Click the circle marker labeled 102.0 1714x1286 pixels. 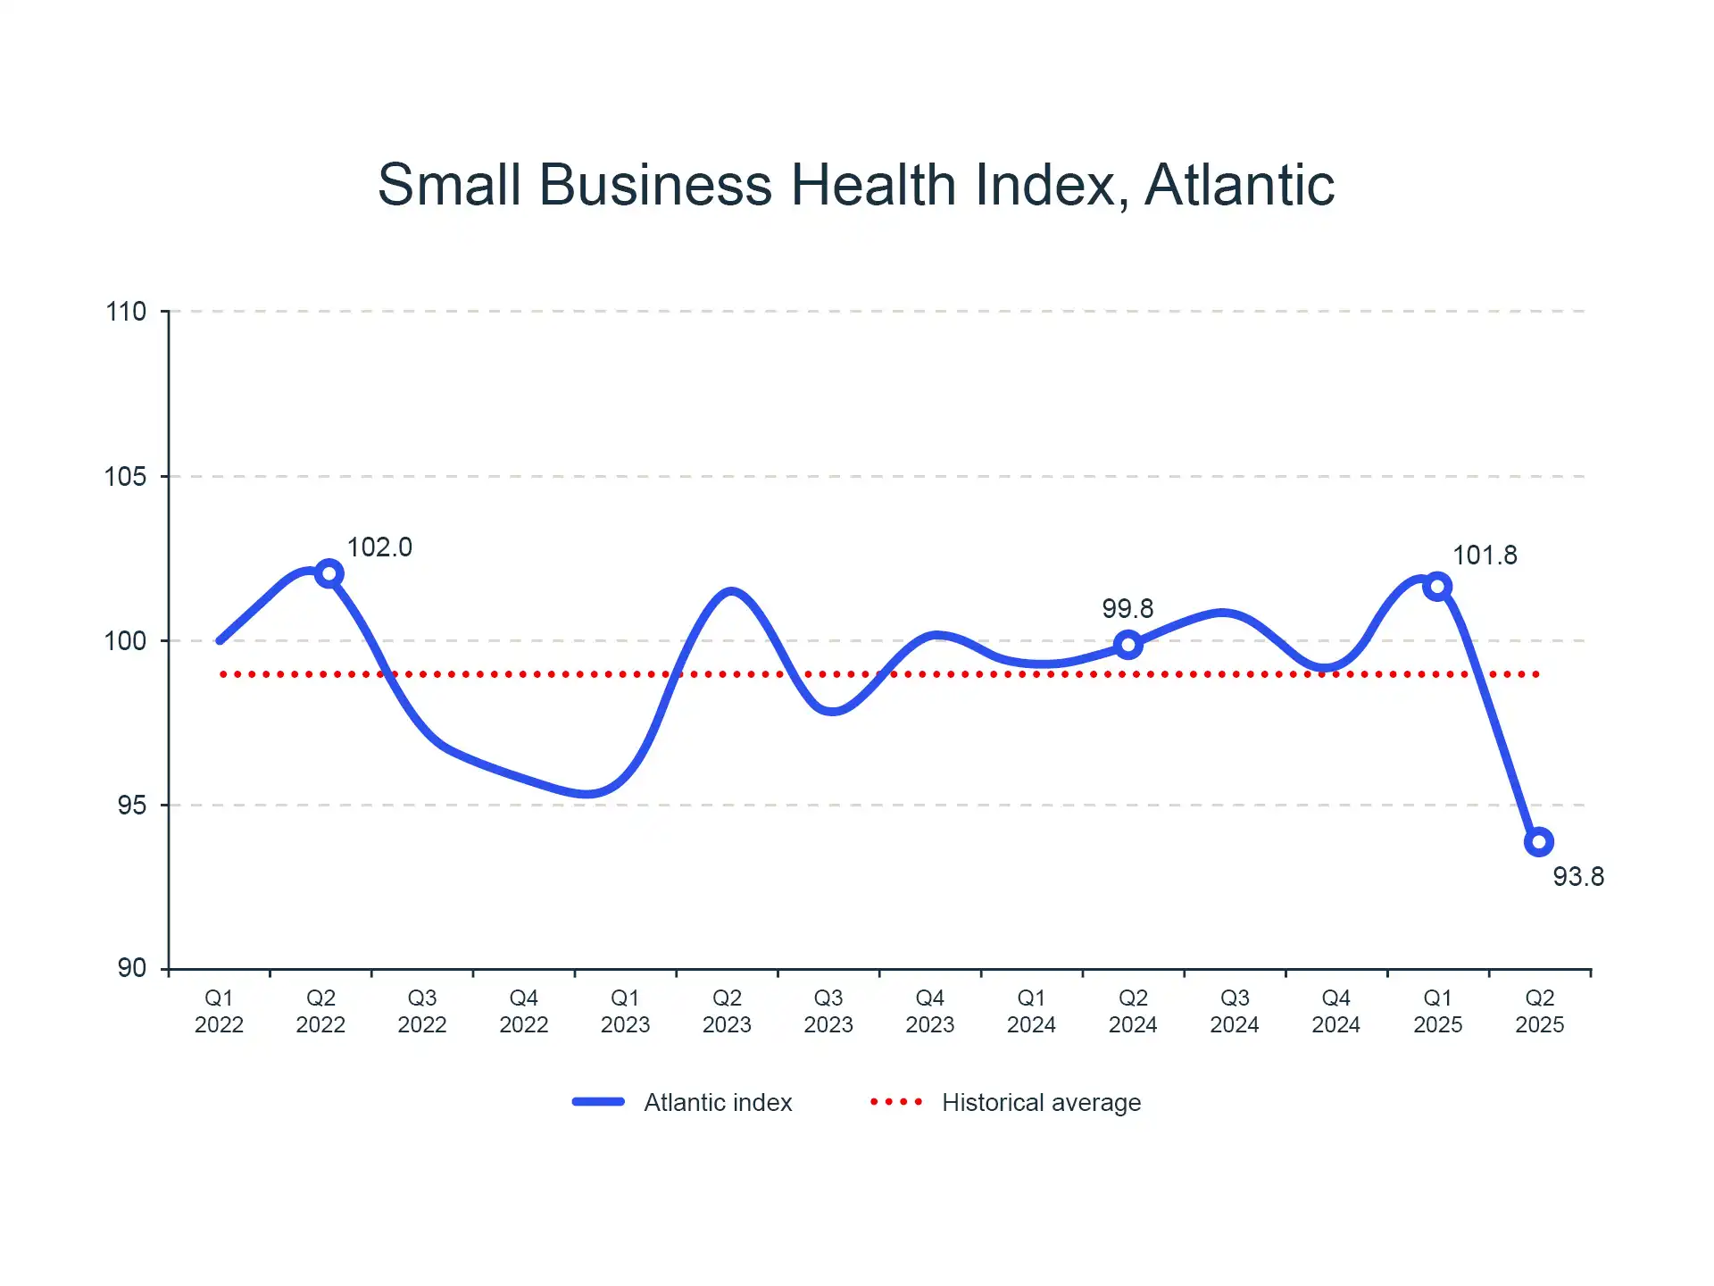coord(329,573)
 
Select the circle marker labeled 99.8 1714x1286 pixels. coord(1127,645)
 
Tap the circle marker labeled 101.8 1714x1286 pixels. coord(1437,587)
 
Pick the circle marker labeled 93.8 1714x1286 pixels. coord(1539,841)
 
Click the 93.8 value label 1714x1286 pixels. coord(1577,877)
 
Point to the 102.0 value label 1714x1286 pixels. coord(379,547)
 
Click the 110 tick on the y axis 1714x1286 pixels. coord(126,312)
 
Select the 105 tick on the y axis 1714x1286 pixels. coord(126,476)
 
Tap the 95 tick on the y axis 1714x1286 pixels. coord(131,805)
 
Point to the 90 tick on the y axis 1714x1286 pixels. coord(131,968)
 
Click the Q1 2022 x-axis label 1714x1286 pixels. coord(219,1011)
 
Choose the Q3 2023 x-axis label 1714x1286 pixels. coord(828,1011)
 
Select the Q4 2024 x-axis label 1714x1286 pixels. coord(1335,1011)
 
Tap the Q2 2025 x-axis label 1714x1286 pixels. coord(1539,1011)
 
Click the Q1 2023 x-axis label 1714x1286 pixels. coord(625,1011)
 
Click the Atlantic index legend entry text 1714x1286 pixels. coord(718,1103)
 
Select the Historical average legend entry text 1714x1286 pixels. coord(1041,1103)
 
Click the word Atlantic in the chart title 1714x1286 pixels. coord(1239,185)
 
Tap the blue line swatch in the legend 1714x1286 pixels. coord(598,1102)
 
